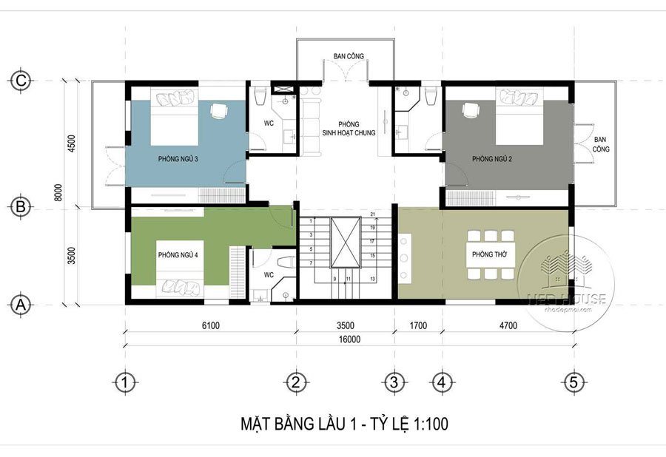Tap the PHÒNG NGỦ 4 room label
tap(178, 254)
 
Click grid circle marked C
tap(21, 81)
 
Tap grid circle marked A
tap(21, 304)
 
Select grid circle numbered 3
tap(394, 382)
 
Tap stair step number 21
tap(374, 214)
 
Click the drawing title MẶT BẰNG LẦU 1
tap(344, 424)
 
